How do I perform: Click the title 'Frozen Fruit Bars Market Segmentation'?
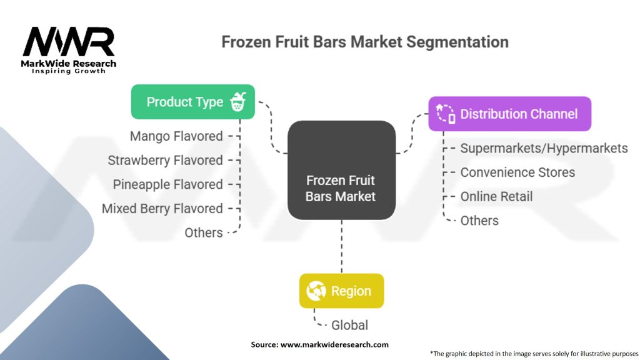(365, 42)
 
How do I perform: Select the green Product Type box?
(192, 102)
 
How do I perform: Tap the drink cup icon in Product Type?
(238, 102)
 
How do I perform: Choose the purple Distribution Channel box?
(510, 114)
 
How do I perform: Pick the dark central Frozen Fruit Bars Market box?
(341, 170)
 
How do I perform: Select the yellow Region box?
(342, 291)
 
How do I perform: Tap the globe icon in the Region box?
(316, 291)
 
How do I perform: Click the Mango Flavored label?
(176, 136)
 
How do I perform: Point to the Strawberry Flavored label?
(165, 161)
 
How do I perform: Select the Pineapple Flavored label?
(167, 184)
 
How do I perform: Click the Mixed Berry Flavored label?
(162, 209)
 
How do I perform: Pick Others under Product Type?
(204, 232)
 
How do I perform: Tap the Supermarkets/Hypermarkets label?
(544, 148)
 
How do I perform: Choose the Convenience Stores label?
(517, 172)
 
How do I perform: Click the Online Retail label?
(496, 196)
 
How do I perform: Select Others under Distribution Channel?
(479, 221)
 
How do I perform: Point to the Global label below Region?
(349, 325)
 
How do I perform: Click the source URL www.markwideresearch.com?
(334, 344)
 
